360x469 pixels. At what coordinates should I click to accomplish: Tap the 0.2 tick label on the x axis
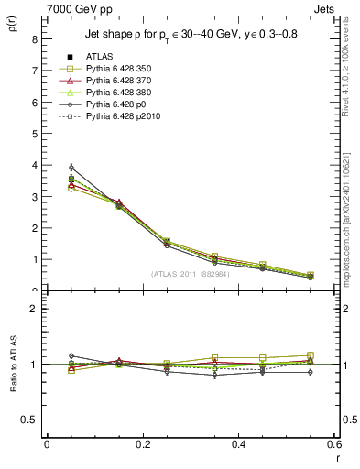coord(143,444)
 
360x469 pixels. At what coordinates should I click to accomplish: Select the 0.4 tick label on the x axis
coord(239,444)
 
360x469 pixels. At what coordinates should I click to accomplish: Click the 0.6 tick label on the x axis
coord(333,444)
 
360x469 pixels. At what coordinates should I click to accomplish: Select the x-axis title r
coord(338,456)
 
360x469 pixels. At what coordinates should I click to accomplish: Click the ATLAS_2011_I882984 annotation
coord(191,272)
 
